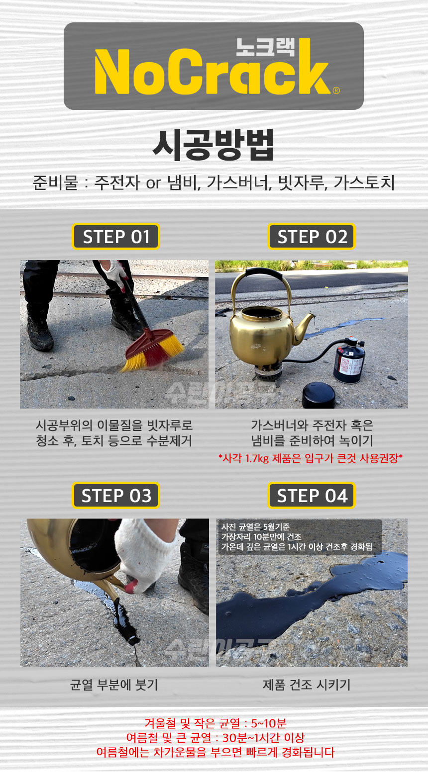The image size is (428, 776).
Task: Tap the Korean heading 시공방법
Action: (x=214, y=145)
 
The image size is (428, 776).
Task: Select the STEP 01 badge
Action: (x=116, y=237)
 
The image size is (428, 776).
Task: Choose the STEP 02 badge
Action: (x=312, y=237)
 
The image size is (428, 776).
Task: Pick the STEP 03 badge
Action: (x=116, y=496)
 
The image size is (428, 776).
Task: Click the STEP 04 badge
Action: (x=312, y=496)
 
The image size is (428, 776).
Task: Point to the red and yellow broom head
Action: (x=153, y=350)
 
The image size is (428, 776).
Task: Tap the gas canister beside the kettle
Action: (x=349, y=360)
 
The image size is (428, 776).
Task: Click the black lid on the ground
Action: (x=319, y=395)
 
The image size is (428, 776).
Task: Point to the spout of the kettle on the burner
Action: (x=304, y=328)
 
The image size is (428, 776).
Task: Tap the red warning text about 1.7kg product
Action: (x=311, y=458)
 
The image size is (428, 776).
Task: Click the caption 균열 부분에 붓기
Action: (x=114, y=685)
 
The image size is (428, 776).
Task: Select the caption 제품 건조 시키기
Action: (x=307, y=685)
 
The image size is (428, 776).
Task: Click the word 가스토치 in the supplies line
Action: (x=364, y=182)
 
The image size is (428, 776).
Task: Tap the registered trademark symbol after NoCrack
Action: (x=336, y=90)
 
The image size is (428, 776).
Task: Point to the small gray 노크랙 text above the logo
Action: (x=265, y=47)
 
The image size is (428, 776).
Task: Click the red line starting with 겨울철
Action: (x=215, y=723)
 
